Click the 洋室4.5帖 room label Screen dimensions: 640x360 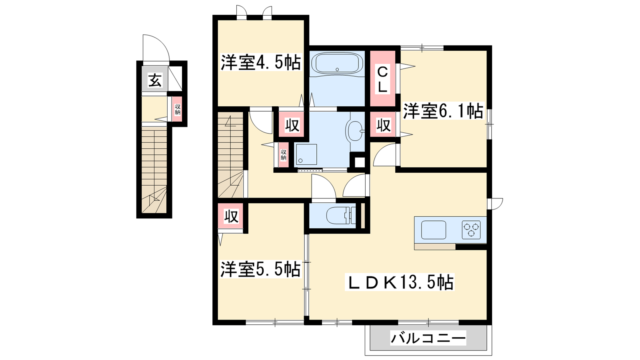tap(260, 62)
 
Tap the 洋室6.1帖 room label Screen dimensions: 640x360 tap(443, 111)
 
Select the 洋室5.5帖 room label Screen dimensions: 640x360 tap(260, 269)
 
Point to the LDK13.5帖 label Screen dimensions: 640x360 tap(400, 282)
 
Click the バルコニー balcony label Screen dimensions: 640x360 tap(428, 338)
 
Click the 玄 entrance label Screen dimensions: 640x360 tap(155, 80)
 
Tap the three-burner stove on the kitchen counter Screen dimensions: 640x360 tap(471, 230)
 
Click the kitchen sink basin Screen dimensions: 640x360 tap(434, 230)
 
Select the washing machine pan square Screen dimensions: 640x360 tap(306, 154)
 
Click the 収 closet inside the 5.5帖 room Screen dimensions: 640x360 tap(231, 216)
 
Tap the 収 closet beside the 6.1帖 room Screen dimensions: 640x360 tap(383, 125)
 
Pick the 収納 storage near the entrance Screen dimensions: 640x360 tap(178, 110)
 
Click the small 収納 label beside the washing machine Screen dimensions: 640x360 tap(284, 155)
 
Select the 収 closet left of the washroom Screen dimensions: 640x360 tap(292, 125)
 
